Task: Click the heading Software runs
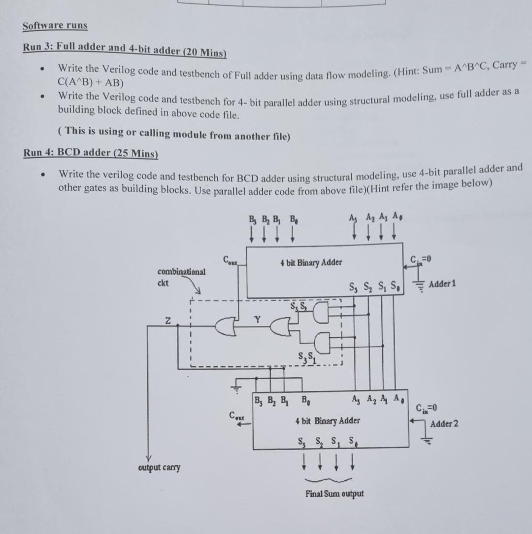pos(55,26)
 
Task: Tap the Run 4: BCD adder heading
pos(90,153)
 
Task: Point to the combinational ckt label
pos(181,276)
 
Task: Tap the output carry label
pos(159,467)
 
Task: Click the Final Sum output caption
pos(334,494)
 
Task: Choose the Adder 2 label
pos(444,423)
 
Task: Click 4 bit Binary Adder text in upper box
pos(310,262)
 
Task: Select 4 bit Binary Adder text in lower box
pos(327,421)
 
